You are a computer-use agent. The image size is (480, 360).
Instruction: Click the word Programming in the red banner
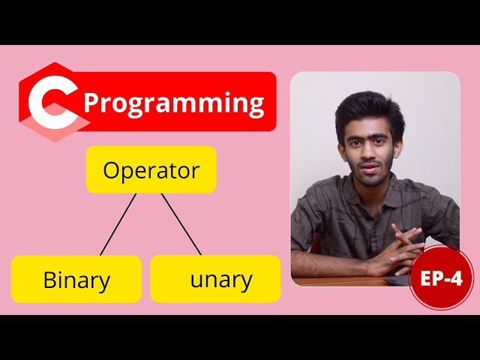[174, 103]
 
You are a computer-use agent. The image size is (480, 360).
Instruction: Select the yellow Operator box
[151, 170]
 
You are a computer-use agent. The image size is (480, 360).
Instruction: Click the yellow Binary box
[76, 280]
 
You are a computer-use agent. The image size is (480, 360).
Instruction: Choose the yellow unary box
[215, 279]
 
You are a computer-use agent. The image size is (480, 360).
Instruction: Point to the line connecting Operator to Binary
[118, 224]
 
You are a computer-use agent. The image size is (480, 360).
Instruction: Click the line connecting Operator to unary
[181, 224]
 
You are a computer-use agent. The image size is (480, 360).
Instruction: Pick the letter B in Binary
[49, 280]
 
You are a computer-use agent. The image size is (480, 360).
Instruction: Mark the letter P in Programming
[92, 103]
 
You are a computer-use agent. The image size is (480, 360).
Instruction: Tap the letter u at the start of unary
[197, 281]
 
